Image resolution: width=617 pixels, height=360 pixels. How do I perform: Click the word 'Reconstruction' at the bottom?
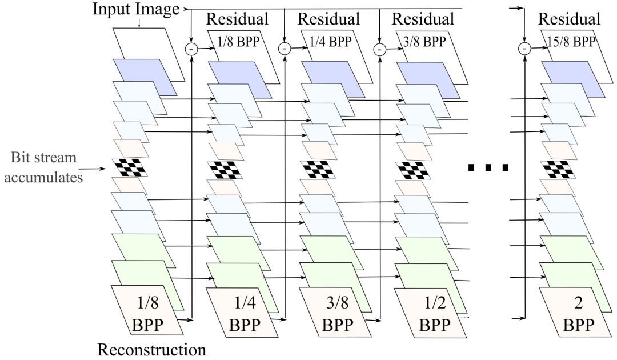click(x=151, y=349)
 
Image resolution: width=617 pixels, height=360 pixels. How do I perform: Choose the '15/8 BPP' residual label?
click(x=570, y=41)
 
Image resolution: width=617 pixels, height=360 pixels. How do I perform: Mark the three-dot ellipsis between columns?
click(x=488, y=168)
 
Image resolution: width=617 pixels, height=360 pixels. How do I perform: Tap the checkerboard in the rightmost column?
click(x=557, y=168)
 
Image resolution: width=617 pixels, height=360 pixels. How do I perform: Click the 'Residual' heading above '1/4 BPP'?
click(x=330, y=18)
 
